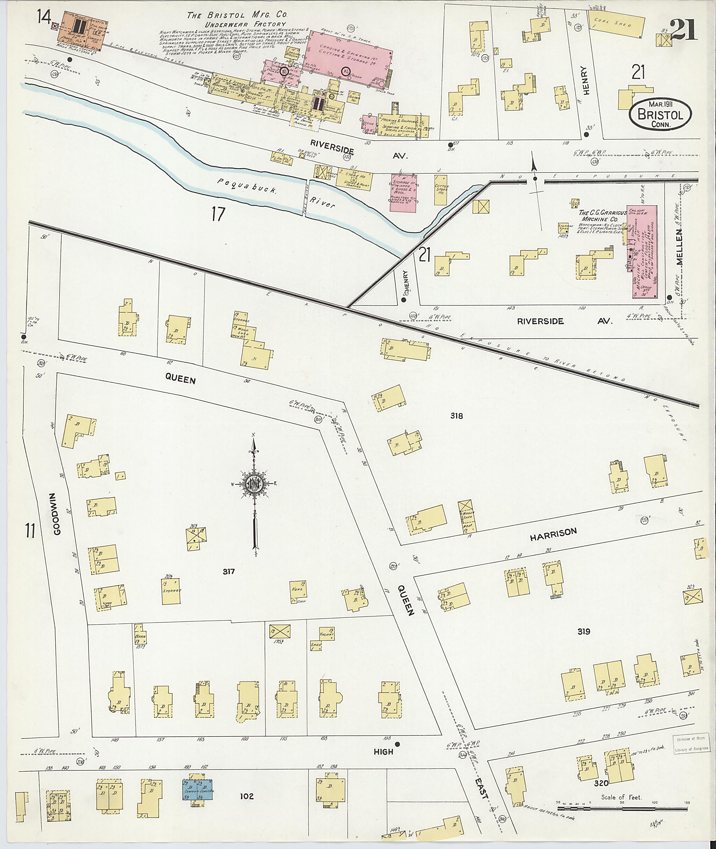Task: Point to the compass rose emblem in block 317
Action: [255, 483]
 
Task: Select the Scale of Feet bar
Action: [621, 808]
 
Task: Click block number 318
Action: [456, 416]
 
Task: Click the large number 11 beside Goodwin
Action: [30, 531]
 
